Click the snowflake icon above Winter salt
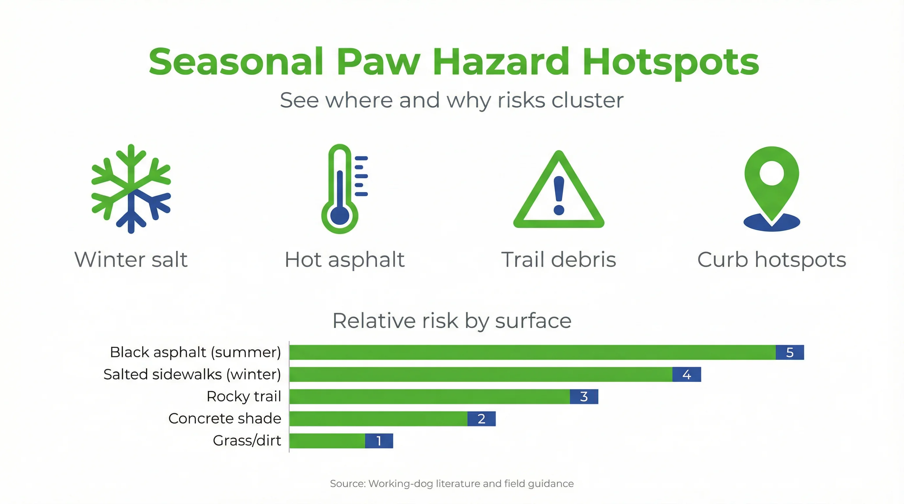pyautogui.click(x=131, y=189)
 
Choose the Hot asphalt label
pyautogui.click(x=345, y=260)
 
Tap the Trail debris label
pyautogui.click(x=559, y=260)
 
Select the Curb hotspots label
pyautogui.click(x=772, y=260)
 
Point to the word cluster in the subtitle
pyautogui.click(x=587, y=101)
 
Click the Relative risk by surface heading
pyautogui.click(x=452, y=321)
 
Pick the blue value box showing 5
pyautogui.click(x=790, y=352)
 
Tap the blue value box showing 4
pyautogui.click(x=687, y=374)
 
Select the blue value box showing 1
pyautogui.click(x=379, y=441)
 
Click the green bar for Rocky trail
pyautogui.click(x=430, y=396)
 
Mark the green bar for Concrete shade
pyautogui.click(x=378, y=418)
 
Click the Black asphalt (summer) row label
pyautogui.click(x=195, y=352)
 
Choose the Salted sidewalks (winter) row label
pyautogui.click(x=192, y=374)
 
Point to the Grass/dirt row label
pyautogui.click(x=247, y=441)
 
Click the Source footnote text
pyautogui.click(x=452, y=484)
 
